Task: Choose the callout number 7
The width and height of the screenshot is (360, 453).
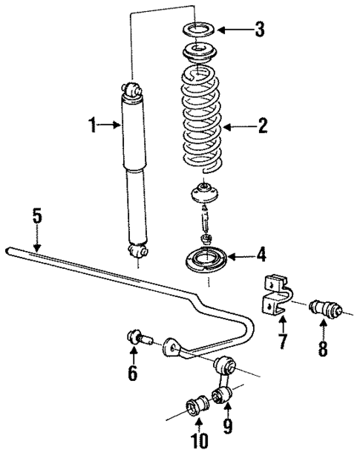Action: (283, 344)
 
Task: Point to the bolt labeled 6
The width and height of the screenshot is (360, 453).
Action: (139, 340)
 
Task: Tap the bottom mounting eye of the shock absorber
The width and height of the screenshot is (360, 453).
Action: (137, 254)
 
